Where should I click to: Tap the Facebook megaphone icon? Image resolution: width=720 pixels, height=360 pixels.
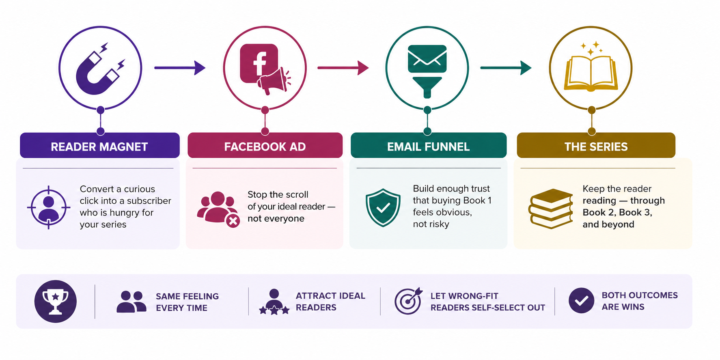point(265,69)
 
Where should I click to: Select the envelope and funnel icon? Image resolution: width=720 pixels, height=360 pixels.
point(427,71)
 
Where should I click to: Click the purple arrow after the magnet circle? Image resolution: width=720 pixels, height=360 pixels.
point(180,68)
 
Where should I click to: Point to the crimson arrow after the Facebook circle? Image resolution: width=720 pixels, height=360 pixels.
point(343,68)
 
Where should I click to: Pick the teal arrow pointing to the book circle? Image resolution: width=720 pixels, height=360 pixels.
point(506,68)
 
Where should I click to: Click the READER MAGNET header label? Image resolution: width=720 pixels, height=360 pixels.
point(99,147)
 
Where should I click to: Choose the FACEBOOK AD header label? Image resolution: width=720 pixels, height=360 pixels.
point(265,147)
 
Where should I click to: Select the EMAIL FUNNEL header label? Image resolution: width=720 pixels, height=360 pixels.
point(428,147)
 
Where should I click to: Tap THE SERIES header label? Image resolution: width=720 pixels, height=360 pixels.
point(596,147)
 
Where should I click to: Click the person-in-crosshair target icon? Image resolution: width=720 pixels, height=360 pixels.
point(48,207)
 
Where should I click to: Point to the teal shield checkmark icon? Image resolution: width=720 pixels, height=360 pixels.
point(382,208)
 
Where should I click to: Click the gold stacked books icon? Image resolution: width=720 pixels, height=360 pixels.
point(551,208)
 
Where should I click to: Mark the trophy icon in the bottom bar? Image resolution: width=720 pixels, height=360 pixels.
point(56,301)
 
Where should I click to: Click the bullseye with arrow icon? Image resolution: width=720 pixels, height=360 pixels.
point(408,301)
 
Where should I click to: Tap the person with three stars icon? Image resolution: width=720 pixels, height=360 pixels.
point(274,302)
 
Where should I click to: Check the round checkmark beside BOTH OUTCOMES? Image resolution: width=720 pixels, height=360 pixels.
point(581,300)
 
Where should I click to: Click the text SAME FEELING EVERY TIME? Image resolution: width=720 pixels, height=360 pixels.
point(187,302)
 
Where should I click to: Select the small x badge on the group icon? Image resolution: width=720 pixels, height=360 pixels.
point(233,221)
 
